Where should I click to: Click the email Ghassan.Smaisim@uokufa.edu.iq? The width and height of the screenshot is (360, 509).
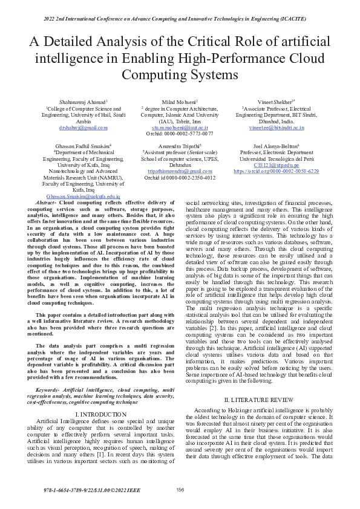click(83, 196)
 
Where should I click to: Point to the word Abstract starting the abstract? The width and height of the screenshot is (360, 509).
click(47, 203)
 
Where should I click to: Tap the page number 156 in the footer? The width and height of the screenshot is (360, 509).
click(180, 489)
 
